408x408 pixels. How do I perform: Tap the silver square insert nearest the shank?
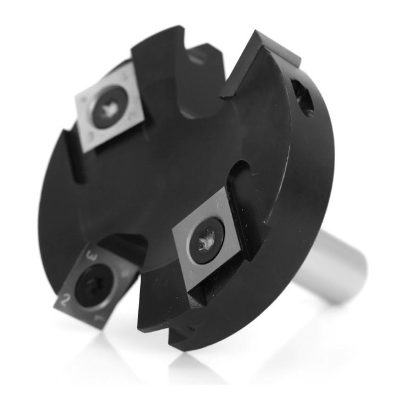click(x=207, y=240)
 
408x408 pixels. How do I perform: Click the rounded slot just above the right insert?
click(x=239, y=176)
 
